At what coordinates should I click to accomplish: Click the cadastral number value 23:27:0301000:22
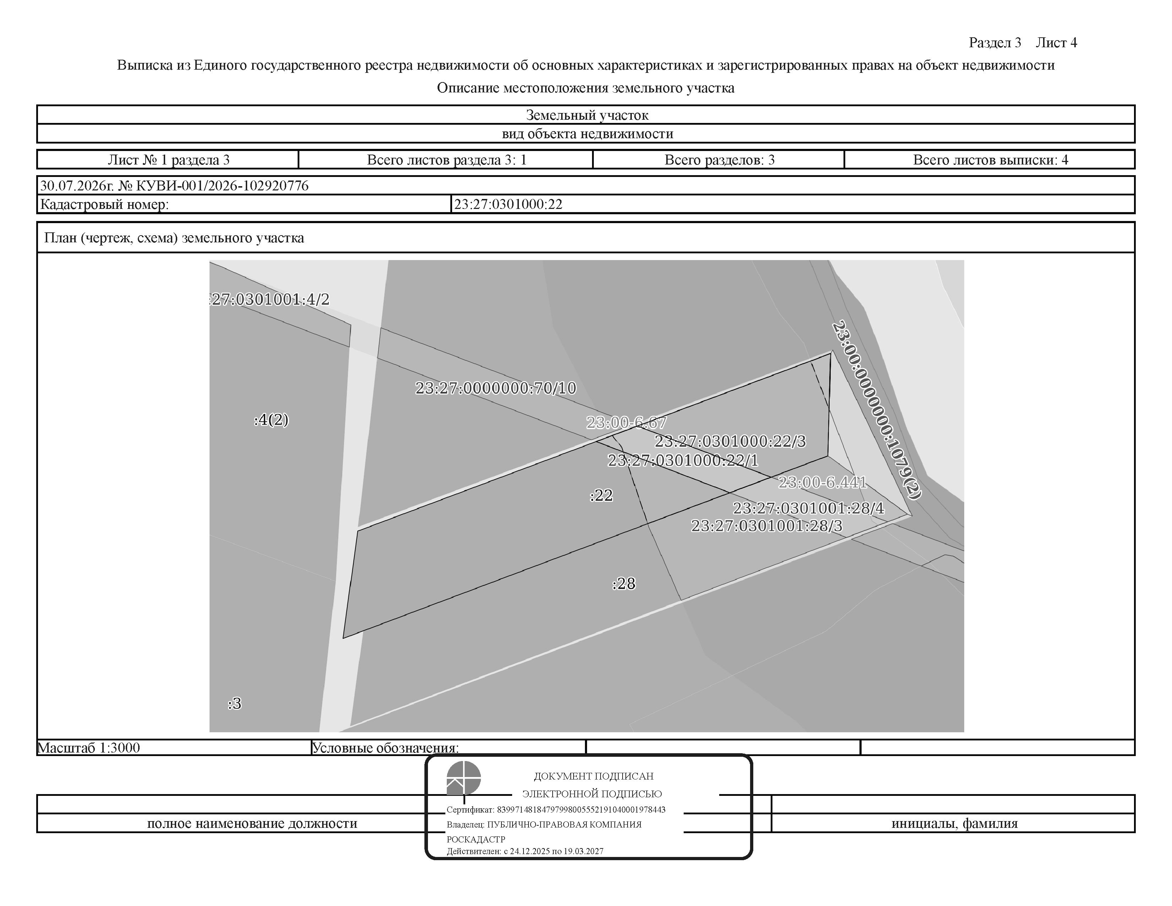[x=508, y=204]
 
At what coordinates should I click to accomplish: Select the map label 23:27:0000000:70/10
[x=496, y=388]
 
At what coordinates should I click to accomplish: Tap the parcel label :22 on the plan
[x=601, y=495]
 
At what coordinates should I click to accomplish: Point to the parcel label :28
[x=624, y=583]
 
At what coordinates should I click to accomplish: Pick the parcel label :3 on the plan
[x=234, y=703]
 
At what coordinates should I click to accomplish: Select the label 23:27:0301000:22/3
[x=730, y=441]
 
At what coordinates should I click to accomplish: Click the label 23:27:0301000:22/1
[x=683, y=460]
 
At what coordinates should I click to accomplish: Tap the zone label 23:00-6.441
[x=823, y=482]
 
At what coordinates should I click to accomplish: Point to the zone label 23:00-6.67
[x=626, y=423]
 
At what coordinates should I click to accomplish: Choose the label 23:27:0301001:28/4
[x=809, y=508]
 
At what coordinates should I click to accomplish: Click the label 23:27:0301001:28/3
[x=767, y=525]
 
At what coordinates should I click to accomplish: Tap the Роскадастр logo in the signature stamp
[x=463, y=778]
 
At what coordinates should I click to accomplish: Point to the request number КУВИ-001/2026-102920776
[x=223, y=186]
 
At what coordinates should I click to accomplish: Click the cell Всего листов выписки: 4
[x=991, y=160]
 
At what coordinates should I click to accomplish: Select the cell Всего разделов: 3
[x=720, y=160]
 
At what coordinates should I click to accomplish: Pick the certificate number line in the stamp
[x=556, y=809]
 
